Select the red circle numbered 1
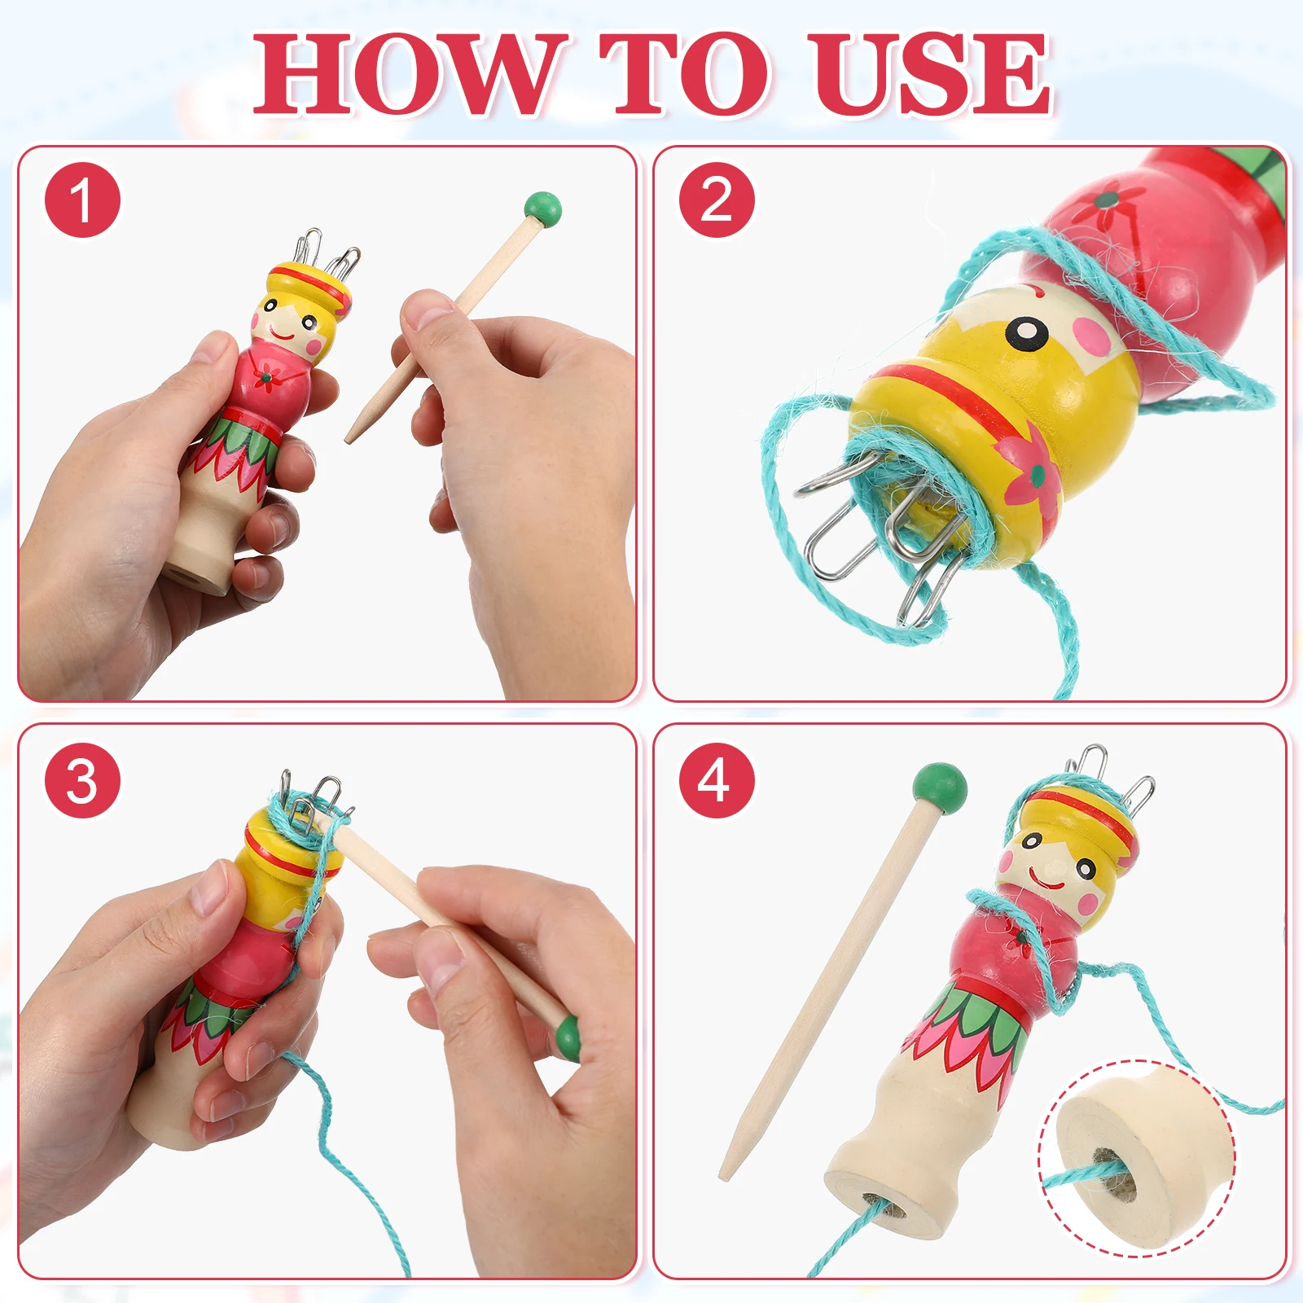(x=82, y=200)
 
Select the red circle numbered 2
(x=717, y=200)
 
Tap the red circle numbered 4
(x=717, y=780)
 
